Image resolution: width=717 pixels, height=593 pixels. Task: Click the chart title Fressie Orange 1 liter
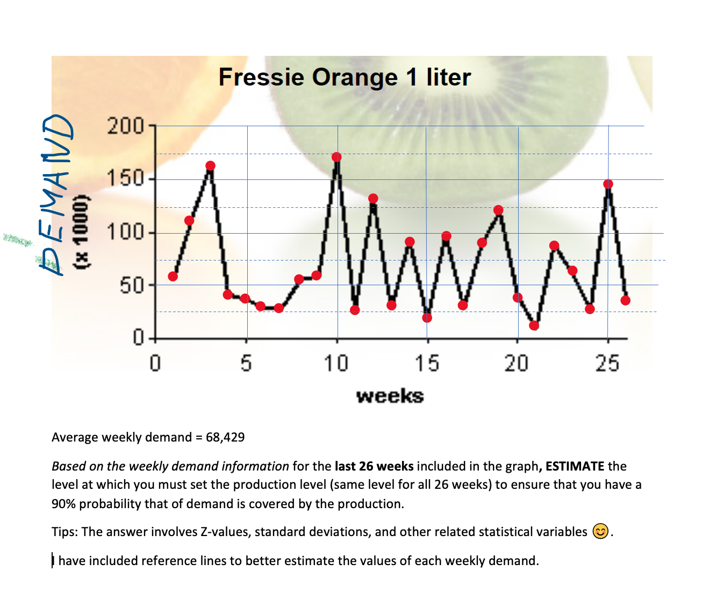click(x=345, y=77)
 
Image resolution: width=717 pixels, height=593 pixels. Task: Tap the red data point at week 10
click(x=336, y=157)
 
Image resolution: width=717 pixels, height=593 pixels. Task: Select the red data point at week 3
click(x=210, y=166)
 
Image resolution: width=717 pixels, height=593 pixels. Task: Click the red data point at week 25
click(x=608, y=184)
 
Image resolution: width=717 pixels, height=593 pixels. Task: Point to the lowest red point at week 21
click(x=534, y=326)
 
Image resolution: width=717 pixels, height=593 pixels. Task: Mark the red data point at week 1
click(x=173, y=276)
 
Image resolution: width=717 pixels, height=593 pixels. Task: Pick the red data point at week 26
click(x=625, y=300)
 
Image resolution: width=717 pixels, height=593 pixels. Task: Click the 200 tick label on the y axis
click(x=125, y=127)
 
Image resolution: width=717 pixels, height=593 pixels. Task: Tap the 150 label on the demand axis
click(x=125, y=178)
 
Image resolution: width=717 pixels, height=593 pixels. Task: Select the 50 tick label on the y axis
click(x=132, y=286)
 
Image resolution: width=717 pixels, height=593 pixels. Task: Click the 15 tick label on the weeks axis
click(x=427, y=364)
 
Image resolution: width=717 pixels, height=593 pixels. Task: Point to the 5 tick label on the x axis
click(x=246, y=364)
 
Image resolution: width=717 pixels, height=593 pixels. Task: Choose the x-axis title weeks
click(x=390, y=396)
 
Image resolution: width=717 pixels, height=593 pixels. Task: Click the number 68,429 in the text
click(x=225, y=437)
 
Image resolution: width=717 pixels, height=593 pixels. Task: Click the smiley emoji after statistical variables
click(x=600, y=532)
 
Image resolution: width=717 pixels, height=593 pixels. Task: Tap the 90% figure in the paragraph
click(x=62, y=504)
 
